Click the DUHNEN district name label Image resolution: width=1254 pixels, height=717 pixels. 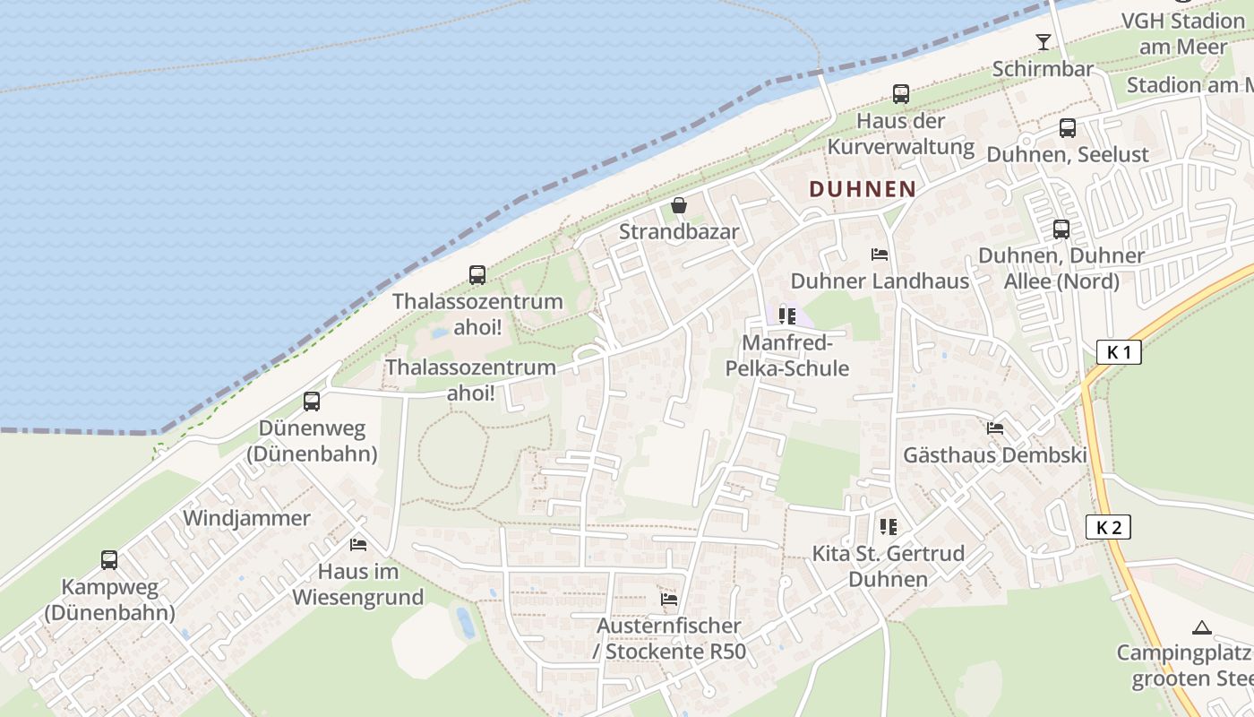pos(863,189)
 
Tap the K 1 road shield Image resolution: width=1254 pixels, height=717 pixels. pos(1119,352)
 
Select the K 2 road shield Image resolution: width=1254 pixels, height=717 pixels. pos(1109,527)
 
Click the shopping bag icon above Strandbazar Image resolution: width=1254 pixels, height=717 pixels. pos(679,206)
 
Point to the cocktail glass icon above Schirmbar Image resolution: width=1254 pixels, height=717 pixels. pos(1043,42)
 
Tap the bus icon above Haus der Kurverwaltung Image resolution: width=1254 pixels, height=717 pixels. pos(900,94)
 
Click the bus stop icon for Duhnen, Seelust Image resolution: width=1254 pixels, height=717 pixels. pos(1067,128)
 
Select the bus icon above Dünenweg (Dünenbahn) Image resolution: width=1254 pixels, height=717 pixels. pos(312,402)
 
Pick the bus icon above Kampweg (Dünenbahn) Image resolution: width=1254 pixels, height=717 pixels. pos(109,560)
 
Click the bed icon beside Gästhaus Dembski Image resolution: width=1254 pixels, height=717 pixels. pos(994,428)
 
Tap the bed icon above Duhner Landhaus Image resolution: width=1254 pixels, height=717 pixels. pos(879,255)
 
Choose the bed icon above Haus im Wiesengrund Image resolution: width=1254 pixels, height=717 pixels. pos(357,545)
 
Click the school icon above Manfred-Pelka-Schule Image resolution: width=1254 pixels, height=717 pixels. pos(787,315)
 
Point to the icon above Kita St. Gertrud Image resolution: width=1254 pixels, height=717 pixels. pos(888,526)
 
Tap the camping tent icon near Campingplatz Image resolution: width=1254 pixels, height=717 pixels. pos(1202,627)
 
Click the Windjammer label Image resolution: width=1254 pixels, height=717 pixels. pos(246,518)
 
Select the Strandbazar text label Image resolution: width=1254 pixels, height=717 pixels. pos(679,232)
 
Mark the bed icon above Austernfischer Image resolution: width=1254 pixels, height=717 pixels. pos(668,599)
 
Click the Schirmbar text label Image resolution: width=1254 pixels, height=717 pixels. pos(1043,69)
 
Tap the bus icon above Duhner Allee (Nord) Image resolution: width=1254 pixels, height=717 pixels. pos(1061,229)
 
